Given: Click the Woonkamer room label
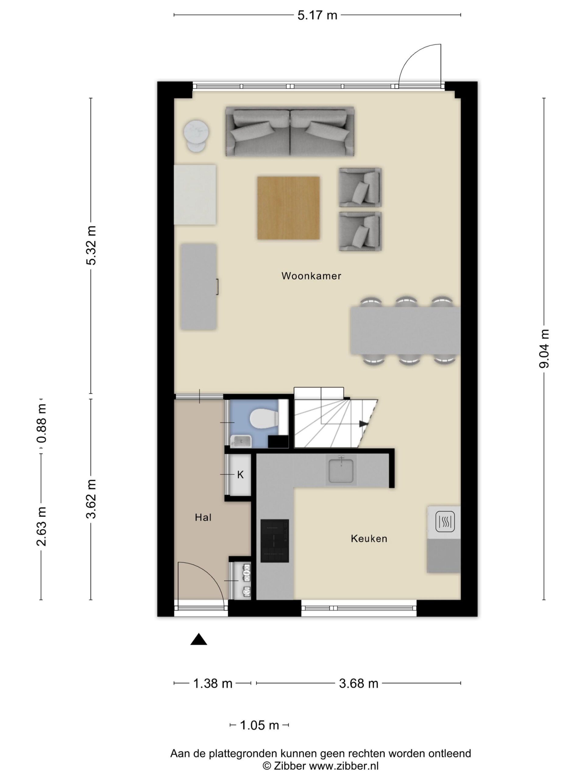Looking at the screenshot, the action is pos(311,276).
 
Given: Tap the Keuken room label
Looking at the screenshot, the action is pos(369,538).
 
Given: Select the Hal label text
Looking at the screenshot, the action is pos(203,517).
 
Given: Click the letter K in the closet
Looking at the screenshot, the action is pos(240,475).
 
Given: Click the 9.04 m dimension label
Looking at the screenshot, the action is pos(544,349).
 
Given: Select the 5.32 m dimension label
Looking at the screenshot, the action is pos(91,245).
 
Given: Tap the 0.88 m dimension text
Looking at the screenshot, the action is pos(41,423).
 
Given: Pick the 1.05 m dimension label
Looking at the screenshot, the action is pos(259,725).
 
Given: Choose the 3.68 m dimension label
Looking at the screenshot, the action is pos(358,683).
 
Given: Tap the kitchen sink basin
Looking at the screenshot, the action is pos(341,470).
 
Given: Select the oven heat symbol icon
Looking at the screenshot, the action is pos(445,521).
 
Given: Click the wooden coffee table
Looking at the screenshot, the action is pos(288,208).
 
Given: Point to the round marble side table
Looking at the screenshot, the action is pos(196,135).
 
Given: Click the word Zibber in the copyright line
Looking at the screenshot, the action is pos(290,766).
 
